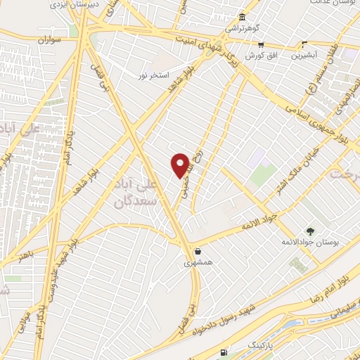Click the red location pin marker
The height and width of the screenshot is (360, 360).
[x=180, y=165]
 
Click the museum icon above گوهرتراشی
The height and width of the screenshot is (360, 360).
[x=242, y=17]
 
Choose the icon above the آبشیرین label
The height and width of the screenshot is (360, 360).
[x=304, y=42]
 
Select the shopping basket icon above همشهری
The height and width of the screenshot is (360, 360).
[x=198, y=251]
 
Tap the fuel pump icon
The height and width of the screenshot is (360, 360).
[x=224, y=352]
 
